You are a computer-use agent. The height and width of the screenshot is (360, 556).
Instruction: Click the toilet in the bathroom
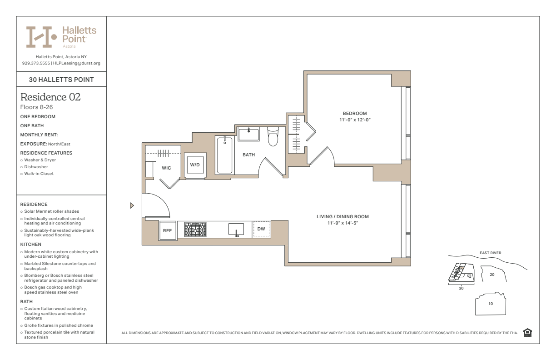tap(273, 136)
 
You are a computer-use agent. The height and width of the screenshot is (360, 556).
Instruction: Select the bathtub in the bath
tap(225, 155)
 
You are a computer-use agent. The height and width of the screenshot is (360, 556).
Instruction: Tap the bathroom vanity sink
tap(248, 134)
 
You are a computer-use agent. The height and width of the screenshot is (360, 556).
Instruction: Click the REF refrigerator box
tap(168, 230)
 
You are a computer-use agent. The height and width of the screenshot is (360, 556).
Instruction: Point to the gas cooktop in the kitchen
tap(195, 229)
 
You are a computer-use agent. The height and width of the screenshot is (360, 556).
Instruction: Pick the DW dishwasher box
tap(261, 229)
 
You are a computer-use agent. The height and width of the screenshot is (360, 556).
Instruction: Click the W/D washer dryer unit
tap(195, 165)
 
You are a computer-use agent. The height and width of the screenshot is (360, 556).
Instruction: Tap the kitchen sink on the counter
tap(236, 229)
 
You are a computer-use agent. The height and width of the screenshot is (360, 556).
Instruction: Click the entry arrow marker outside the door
tap(132, 205)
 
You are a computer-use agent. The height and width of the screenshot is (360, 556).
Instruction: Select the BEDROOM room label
tap(355, 114)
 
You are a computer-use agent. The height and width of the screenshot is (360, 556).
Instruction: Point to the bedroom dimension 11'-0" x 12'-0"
tap(355, 120)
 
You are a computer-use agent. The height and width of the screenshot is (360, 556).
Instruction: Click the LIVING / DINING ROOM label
tap(343, 217)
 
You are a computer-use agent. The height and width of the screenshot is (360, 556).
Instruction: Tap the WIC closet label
tap(166, 168)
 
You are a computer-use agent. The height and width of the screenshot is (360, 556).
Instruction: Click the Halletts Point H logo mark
tap(41, 37)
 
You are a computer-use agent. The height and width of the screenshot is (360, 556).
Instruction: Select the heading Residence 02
tap(50, 97)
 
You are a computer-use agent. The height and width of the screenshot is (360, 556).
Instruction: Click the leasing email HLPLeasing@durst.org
tap(77, 63)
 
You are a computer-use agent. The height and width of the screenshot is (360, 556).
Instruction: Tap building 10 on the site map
tap(491, 304)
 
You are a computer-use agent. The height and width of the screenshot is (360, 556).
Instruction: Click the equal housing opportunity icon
tap(527, 333)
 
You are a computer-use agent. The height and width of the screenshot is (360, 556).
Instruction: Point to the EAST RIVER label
tap(490, 253)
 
